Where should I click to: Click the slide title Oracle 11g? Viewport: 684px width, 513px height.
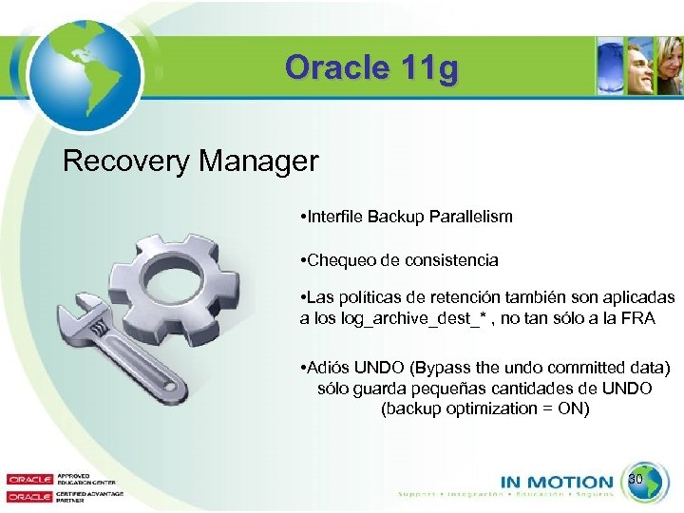[x=370, y=68]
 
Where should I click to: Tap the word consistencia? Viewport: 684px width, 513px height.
[x=450, y=260]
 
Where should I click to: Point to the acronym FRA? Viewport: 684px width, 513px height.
[x=638, y=318]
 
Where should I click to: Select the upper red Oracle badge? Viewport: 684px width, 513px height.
[x=28, y=479]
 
